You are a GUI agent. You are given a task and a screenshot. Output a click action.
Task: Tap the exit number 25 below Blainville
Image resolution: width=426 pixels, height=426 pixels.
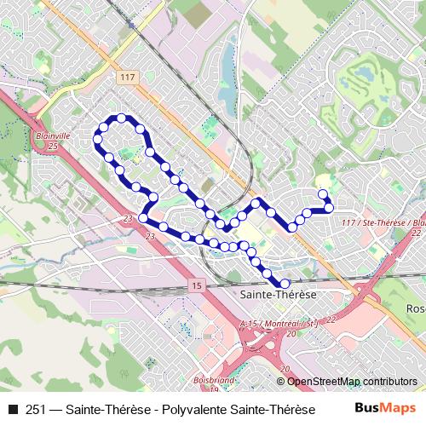point(52,147)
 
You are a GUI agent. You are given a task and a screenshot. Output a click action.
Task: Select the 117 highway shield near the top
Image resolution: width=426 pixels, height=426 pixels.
point(128,78)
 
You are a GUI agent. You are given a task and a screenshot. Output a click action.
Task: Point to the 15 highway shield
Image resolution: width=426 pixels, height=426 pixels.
point(198,285)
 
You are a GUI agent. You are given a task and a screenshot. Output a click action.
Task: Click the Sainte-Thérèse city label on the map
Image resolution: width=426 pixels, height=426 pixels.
point(279,294)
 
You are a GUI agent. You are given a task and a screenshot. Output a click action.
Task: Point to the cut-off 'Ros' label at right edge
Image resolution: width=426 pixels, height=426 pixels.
point(417,308)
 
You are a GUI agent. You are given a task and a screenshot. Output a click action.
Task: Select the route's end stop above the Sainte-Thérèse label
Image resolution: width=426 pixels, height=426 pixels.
point(285,283)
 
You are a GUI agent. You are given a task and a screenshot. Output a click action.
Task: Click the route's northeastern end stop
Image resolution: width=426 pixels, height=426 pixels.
point(323,193)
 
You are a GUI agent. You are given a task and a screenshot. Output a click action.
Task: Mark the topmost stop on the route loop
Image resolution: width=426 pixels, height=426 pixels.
point(122,118)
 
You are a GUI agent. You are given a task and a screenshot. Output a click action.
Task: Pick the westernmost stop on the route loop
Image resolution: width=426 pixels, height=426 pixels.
point(97,137)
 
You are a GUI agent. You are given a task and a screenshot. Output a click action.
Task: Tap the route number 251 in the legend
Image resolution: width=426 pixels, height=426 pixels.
point(37,409)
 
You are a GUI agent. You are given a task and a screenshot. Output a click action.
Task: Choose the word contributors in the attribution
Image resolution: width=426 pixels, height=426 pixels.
point(390,382)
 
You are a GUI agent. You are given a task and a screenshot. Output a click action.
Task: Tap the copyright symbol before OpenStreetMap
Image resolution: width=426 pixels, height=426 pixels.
point(282,382)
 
